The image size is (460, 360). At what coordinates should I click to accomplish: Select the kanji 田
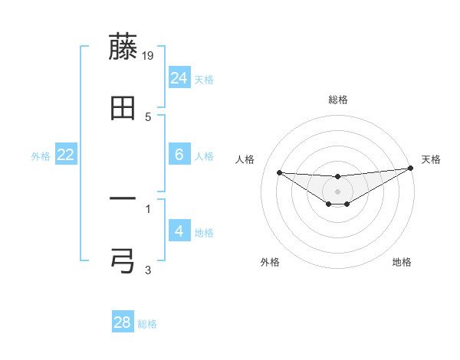(123, 109)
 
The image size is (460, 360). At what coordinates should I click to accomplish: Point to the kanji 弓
(123, 260)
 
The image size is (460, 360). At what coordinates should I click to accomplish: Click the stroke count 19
(149, 55)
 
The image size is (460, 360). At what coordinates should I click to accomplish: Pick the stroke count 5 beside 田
(148, 116)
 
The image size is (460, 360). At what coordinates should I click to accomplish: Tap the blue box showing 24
(179, 77)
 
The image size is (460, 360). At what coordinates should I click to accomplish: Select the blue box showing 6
(179, 155)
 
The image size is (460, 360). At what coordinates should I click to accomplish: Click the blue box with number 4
(179, 231)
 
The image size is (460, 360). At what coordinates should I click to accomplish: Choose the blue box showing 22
(66, 155)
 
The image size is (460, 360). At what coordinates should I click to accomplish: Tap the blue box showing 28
(123, 322)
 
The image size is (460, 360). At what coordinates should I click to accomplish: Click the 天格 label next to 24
(204, 80)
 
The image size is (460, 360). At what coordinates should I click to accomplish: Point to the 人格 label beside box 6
(204, 156)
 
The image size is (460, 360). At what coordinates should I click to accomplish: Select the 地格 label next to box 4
(204, 233)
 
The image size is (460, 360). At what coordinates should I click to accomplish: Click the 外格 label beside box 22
(41, 156)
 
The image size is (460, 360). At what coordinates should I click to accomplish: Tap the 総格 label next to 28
(147, 324)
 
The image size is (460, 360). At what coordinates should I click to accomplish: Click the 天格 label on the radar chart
(431, 159)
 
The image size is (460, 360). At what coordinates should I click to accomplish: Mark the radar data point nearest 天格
(410, 169)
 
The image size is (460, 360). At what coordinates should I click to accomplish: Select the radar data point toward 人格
(279, 172)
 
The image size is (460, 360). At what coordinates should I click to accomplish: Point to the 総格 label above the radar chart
(338, 100)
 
